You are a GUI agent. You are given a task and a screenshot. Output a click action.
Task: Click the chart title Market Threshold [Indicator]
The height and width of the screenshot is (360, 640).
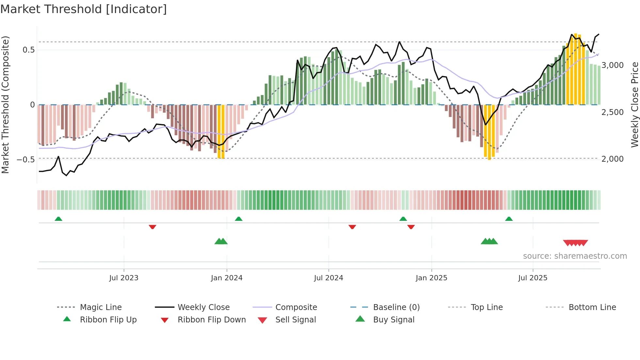coord(84,9)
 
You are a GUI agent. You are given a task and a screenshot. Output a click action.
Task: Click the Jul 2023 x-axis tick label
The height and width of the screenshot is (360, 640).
coord(124,278)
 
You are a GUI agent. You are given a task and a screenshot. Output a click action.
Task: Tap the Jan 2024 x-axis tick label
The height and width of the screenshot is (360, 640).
coord(227,278)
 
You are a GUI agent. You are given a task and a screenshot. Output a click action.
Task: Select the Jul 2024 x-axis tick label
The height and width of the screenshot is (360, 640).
coord(328,278)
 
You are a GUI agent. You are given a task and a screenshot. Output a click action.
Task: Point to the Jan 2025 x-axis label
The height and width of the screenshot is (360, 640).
coord(431,278)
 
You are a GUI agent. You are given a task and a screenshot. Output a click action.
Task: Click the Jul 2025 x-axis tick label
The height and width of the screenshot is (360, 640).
coord(533,278)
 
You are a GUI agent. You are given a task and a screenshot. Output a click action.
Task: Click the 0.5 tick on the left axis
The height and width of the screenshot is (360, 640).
coord(28,50)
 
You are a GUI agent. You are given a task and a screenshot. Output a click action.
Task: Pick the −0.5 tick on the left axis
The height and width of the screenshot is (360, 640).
coord(26,159)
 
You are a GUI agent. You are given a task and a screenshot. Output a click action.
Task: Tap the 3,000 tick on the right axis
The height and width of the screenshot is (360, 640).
coord(613,65)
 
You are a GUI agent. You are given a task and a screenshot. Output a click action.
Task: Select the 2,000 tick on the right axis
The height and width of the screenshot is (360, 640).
coord(613,159)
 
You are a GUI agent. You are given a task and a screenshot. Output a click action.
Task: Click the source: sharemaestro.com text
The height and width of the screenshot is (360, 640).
coord(575,256)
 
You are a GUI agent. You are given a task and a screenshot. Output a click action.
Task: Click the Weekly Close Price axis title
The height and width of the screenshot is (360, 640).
coord(634,105)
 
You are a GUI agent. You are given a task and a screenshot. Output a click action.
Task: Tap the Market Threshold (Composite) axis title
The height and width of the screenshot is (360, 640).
coord(5,105)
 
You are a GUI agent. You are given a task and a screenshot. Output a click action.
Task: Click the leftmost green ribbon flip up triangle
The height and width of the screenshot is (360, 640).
coord(58,219)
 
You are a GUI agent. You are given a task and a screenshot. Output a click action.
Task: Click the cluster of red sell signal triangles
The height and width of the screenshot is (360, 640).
coord(575,243)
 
